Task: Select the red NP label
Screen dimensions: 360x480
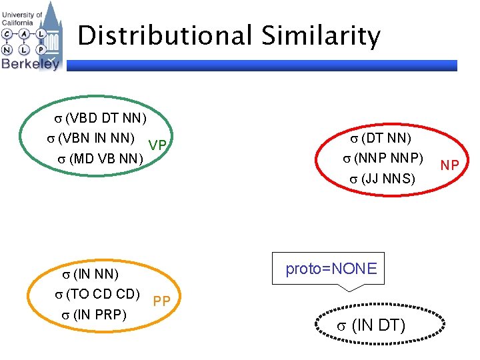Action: click(x=449, y=165)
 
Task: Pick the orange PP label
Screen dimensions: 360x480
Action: click(x=161, y=301)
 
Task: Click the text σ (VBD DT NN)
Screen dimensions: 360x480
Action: click(x=99, y=119)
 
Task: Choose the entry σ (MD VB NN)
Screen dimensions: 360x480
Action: click(x=99, y=159)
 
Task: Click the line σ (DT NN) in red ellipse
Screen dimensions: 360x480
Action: click(x=381, y=139)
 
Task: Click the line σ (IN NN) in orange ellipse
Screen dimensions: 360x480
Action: click(x=90, y=274)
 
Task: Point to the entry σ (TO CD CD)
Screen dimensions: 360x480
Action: click(x=97, y=294)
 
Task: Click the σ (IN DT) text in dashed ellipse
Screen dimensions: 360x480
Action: click(x=371, y=325)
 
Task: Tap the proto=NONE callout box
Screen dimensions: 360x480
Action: click(x=331, y=269)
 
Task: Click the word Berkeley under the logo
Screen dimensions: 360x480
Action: click(x=30, y=63)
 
